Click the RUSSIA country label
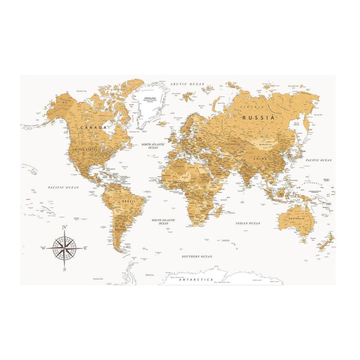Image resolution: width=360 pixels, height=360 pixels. [258, 118]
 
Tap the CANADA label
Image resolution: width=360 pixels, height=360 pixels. [93, 128]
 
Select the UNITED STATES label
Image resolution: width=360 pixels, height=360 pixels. [84, 150]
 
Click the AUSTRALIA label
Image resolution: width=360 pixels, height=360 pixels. [296, 219]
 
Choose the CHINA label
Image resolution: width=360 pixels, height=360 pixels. [260, 159]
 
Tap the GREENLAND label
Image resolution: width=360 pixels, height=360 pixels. [150, 98]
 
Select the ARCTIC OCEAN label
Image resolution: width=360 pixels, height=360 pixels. [187, 84]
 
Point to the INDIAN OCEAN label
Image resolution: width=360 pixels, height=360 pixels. [248, 223]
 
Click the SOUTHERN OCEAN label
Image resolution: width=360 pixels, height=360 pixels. [197, 257]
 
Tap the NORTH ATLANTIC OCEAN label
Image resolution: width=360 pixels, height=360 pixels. [153, 146]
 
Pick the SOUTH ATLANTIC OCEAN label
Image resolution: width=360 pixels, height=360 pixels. [163, 222]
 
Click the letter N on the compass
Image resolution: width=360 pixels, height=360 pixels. [65, 228]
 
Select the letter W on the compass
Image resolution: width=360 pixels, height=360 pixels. [43, 248]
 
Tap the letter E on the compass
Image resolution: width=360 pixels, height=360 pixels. [85, 248]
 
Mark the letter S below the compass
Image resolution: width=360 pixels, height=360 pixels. [65, 269]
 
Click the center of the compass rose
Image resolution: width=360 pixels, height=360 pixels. [65, 248]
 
